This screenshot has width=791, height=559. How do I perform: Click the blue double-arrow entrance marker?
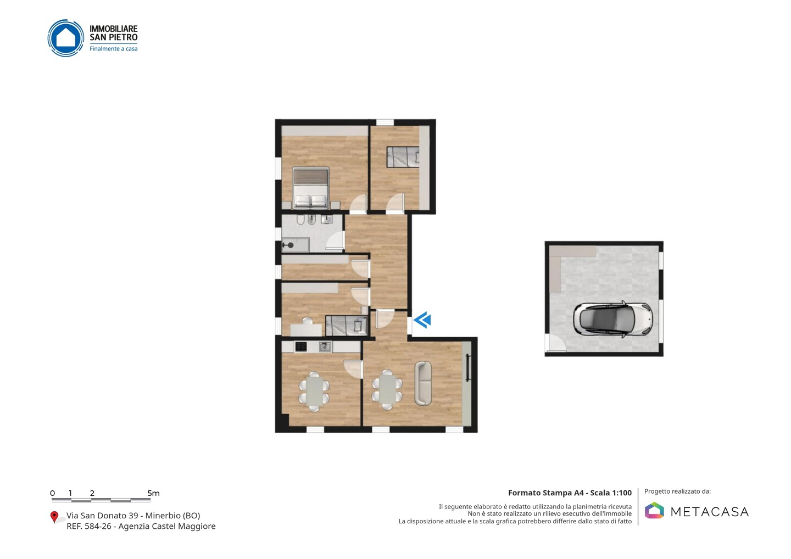pyautogui.click(x=422, y=320)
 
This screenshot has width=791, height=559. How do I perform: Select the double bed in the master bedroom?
pyautogui.click(x=311, y=188)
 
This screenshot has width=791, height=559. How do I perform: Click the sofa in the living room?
pyautogui.click(x=423, y=383)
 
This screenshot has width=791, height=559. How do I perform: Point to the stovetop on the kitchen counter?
pyautogui.click(x=300, y=347)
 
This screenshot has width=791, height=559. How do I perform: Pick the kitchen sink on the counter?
pyautogui.click(x=325, y=346)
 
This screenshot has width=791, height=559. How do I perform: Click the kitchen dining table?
pyautogui.click(x=314, y=392)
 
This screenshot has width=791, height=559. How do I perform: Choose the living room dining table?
pyautogui.click(x=387, y=389)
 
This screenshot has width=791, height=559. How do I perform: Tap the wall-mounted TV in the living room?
pyautogui.click(x=468, y=368)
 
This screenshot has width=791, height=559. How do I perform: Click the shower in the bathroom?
pyautogui.click(x=295, y=245)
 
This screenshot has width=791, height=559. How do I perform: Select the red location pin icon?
pyautogui.click(x=54, y=517)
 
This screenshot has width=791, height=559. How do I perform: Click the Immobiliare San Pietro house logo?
pyautogui.click(x=66, y=38)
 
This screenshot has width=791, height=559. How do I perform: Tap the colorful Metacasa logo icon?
pyautogui.click(x=654, y=510)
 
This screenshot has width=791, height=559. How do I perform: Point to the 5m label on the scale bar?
pyautogui.click(x=154, y=493)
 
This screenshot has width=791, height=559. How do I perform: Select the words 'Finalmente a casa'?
pyautogui.click(x=113, y=49)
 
